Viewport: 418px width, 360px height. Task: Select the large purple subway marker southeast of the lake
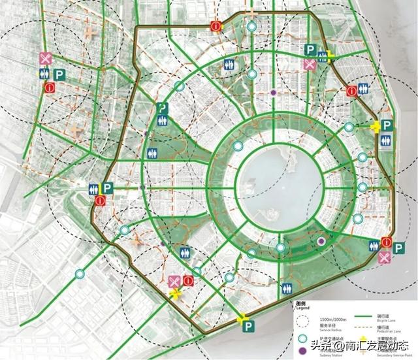(x=321, y=242)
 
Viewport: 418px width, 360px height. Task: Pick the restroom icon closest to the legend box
(x=287, y=287)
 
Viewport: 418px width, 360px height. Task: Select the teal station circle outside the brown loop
(x=80, y=274)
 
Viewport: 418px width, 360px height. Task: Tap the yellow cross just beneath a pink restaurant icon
(x=174, y=294)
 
